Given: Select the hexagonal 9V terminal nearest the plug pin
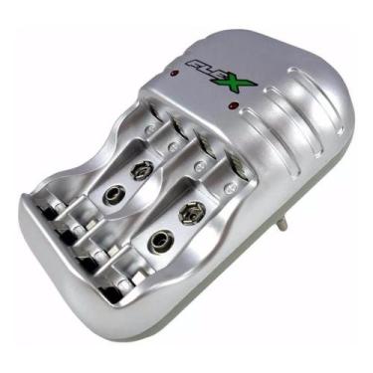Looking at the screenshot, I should click(190, 212).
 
